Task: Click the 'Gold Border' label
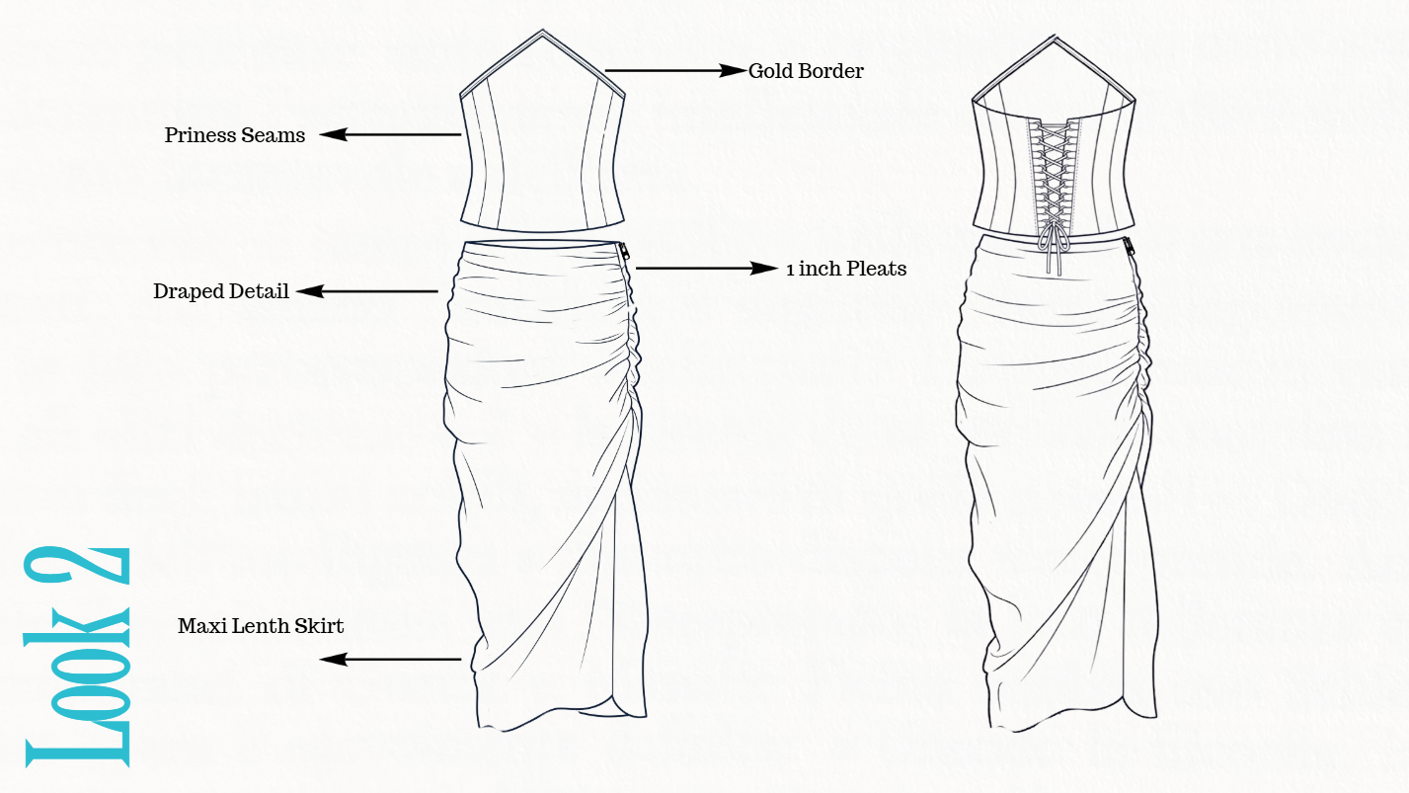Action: coord(806,71)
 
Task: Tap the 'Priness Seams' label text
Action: coord(235,135)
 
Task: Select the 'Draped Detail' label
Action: coord(221,291)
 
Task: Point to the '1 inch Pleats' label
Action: coord(846,269)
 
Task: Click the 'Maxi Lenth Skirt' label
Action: coord(261,626)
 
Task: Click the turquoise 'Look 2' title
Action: coord(77,657)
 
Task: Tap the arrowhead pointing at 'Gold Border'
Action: coord(734,70)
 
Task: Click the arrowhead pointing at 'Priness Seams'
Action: coord(334,134)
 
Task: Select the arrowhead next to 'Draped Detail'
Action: coord(310,291)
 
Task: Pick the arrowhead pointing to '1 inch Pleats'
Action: coord(764,269)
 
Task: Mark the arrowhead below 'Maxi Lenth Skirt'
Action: coord(334,659)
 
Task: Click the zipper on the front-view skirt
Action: coord(624,256)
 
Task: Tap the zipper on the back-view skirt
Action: coord(1130,247)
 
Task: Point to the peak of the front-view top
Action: coord(542,30)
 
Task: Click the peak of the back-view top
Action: coord(1055,36)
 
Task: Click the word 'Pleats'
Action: coord(877,269)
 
